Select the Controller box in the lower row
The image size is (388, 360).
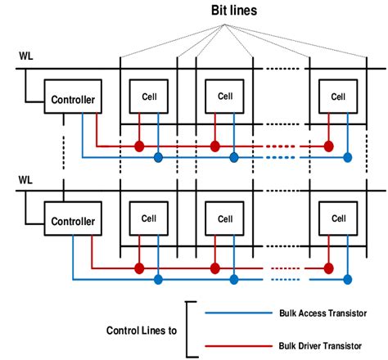(72, 221)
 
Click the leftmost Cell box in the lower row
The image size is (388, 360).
(148, 218)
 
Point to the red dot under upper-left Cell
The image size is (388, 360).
(138, 147)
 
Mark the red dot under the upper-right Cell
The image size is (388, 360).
(328, 147)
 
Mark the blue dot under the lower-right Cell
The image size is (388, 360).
(348, 280)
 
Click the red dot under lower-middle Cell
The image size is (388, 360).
(215, 268)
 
